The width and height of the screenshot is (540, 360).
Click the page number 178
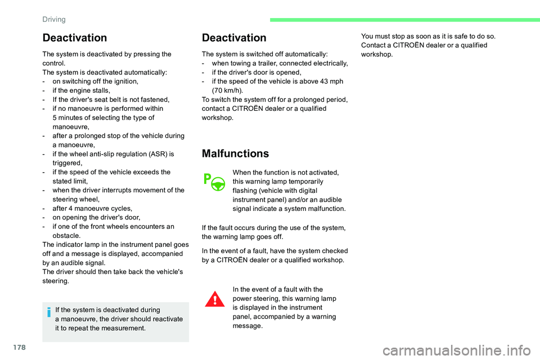click(x=20, y=347)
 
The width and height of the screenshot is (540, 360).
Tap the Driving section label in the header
click(x=54, y=19)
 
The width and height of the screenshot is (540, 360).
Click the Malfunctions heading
click(x=235, y=154)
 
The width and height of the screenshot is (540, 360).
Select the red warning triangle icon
click(x=215, y=299)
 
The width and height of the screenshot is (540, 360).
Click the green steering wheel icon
click(x=218, y=184)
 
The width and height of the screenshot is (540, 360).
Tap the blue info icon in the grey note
click(x=49, y=312)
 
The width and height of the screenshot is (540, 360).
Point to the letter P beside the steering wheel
click(x=207, y=179)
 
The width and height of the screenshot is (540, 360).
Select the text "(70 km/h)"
click(x=227, y=91)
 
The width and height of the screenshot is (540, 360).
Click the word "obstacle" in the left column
click(x=66, y=236)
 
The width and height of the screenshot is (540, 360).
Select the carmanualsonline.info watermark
click(x=457, y=350)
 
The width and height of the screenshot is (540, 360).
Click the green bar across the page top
click(x=404, y=20)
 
